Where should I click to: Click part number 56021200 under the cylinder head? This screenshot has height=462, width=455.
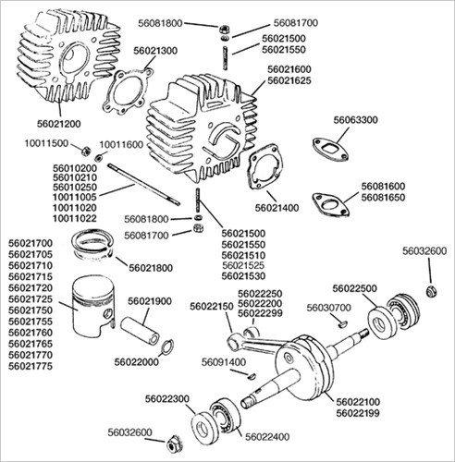[x=58, y=124]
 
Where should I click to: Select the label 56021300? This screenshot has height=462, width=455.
[x=155, y=51]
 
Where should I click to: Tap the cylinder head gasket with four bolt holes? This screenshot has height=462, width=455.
[x=128, y=91]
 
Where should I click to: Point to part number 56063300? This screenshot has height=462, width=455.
[x=355, y=120]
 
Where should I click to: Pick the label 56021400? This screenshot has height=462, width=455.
[x=277, y=208]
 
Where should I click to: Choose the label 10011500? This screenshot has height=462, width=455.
[x=46, y=143]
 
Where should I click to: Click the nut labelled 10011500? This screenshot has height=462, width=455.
[x=85, y=151]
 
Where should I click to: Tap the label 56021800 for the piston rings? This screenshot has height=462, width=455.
[x=151, y=268]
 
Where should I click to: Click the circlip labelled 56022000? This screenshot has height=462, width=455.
[x=168, y=346]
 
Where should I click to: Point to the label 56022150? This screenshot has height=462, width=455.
[x=212, y=307]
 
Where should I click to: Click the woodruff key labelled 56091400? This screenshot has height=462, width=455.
[x=252, y=376]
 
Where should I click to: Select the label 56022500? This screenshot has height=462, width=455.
[x=354, y=288]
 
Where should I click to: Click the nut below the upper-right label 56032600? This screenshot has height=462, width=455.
[x=432, y=291]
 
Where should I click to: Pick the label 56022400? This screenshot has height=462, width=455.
[x=267, y=437]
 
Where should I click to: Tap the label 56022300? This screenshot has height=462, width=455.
[x=167, y=399]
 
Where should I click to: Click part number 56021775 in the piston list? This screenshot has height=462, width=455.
[x=31, y=366]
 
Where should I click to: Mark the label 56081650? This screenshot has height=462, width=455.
[x=383, y=198]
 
